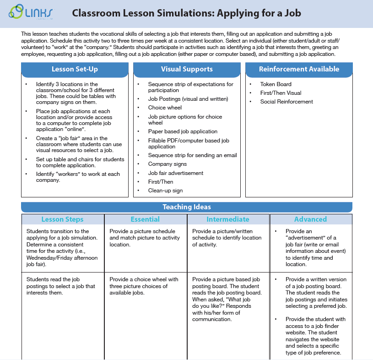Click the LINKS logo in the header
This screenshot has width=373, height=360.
pos(31,13)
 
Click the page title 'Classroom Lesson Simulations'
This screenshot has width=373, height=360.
pos(186,13)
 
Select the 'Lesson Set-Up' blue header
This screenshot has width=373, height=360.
pos(75,69)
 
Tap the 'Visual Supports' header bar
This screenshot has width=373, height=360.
pos(187,69)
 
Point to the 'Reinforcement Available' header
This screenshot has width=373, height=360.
pos(299,69)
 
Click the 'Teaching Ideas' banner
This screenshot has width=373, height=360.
pos(187,207)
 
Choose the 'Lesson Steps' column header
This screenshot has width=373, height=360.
pos(63,219)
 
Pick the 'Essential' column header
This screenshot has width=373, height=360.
pos(145,219)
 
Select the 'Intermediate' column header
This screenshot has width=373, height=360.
pos(228,219)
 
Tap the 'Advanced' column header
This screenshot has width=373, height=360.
pos(310,219)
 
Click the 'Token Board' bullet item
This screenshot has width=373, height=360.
pos(276,84)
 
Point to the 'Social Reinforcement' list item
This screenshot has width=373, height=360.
pos(287,102)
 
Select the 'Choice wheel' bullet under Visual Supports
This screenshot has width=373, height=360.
pos(165,108)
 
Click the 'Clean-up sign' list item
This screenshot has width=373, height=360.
pos(165,191)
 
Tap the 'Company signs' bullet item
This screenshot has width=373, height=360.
pos(167,164)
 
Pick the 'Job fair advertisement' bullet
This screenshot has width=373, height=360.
pos(175,173)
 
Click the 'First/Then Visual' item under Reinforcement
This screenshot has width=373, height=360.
pos(281,93)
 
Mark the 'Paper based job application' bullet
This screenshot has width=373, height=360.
pos(183,131)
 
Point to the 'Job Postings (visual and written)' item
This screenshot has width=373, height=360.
pos(188,99)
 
